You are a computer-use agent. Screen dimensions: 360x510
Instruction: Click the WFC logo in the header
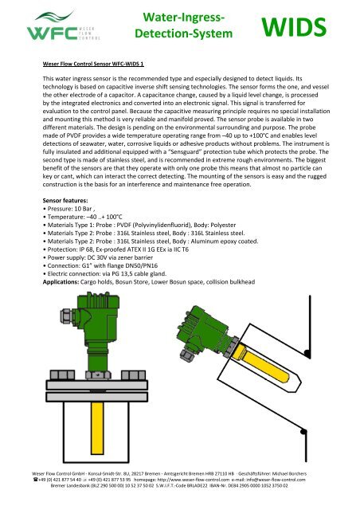click(63, 26)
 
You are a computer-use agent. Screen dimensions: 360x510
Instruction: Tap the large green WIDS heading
click(294, 27)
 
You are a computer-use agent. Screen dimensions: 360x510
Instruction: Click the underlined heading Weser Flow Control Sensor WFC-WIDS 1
click(93, 64)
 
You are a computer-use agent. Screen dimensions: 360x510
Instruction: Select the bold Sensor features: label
click(65, 200)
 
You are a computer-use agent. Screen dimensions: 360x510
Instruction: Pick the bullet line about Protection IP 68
click(115, 249)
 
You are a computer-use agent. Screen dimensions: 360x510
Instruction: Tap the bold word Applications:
click(61, 282)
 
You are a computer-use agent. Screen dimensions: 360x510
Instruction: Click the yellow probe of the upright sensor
click(97, 428)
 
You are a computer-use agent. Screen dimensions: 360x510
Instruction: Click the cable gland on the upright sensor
click(68, 316)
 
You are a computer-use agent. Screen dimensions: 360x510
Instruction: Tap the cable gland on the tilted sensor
click(186, 354)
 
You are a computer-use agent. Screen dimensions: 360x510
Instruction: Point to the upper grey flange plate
click(97, 385)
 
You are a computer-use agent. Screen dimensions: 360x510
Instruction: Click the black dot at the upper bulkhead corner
click(307, 353)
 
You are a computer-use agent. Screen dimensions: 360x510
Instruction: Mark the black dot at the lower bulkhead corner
click(303, 432)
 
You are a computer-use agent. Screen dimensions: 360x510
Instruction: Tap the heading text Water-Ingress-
click(184, 18)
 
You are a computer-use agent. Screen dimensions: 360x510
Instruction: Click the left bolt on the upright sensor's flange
click(62, 375)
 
